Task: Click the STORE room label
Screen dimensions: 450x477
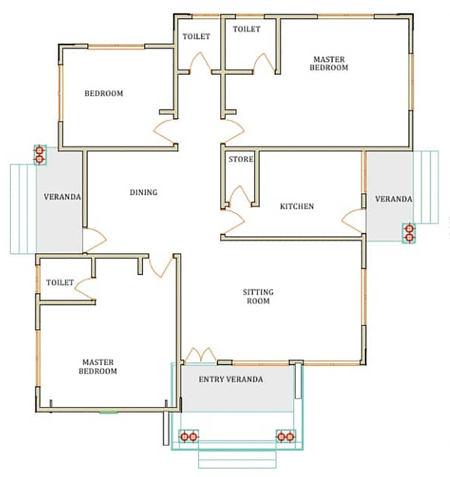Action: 241,159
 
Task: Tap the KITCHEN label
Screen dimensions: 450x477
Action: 297,206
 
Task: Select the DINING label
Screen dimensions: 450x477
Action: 144,192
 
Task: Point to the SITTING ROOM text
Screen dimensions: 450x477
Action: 258,297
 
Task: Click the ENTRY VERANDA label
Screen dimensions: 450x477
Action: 231,379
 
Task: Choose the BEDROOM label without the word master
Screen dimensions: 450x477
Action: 104,93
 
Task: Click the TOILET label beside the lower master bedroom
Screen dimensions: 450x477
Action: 60,282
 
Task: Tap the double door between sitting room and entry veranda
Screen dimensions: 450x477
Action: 201,355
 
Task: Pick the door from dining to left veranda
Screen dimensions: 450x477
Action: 95,240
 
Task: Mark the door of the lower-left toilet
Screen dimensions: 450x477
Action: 85,289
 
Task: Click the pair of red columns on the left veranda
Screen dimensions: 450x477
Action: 39,155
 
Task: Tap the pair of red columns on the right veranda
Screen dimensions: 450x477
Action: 409,233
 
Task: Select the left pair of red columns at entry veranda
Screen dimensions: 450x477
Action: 188,436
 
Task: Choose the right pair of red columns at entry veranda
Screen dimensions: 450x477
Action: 285,436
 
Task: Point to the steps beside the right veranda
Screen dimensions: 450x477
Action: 426,187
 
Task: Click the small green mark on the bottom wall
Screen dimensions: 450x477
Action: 109,413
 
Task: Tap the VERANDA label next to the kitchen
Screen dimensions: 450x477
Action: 394,199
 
